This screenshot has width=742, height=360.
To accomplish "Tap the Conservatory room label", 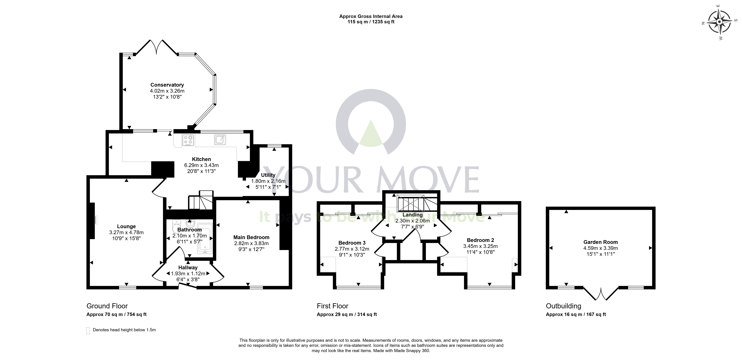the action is tap(167, 85).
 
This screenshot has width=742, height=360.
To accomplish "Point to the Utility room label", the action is tap(268, 175).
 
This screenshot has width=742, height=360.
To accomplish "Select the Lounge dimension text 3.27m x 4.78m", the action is tap(127, 232).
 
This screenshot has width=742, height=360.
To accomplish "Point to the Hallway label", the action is tap(188, 268).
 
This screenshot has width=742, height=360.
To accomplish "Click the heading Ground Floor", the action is tap(107, 306).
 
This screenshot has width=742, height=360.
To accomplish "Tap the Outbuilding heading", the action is tap(564, 306).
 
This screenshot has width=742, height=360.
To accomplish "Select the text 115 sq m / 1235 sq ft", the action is tap(371, 22).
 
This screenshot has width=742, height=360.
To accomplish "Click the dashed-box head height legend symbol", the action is tap(88, 331).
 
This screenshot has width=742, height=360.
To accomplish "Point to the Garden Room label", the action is tap(601, 242).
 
